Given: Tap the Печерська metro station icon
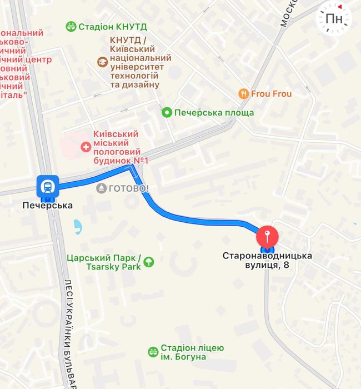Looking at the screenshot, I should click(x=48, y=186).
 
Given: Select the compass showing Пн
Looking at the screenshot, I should click(x=334, y=18).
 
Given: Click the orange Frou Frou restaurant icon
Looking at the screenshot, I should click(x=243, y=93).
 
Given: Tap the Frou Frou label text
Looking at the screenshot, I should click(x=271, y=93).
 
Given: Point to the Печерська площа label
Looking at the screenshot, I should click(x=214, y=113).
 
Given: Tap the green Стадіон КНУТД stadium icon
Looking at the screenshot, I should click(x=71, y=26).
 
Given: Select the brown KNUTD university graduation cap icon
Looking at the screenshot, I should click(x=102, y=62).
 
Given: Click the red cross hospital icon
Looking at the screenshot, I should click(x=86, y=147).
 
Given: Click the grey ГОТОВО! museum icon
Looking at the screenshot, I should click(x=101, y=188).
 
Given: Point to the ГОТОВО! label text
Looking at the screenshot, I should click(x=128, y=188).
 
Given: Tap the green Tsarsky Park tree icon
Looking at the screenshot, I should click(x=149, y=261).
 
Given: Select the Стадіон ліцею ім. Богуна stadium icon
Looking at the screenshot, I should click(x=153, y=352).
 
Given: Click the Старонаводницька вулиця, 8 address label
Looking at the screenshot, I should click(x=268, y=260).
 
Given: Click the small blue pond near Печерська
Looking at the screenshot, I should click(x=78, y=226).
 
